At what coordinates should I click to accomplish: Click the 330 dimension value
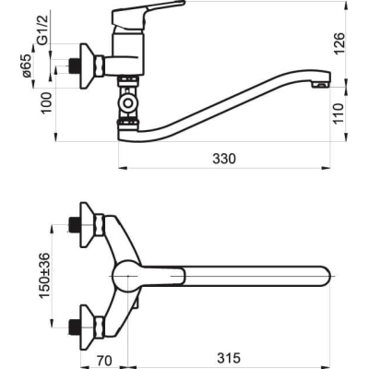click(x=224, y=159)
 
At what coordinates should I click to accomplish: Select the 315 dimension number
click(x=229, y=358)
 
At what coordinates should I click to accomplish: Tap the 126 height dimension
click(x=339, y=43)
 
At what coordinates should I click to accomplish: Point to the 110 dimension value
click(x=339, y=113)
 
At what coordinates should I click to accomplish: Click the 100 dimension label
click(x=47, y=103)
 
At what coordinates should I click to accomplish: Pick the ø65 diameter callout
click(x=27, y=65)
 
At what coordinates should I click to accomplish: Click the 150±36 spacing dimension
click(x=44, y=275)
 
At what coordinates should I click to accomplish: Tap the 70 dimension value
click(x=104, y=361)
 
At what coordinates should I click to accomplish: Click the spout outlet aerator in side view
click(x=321, y=84)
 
